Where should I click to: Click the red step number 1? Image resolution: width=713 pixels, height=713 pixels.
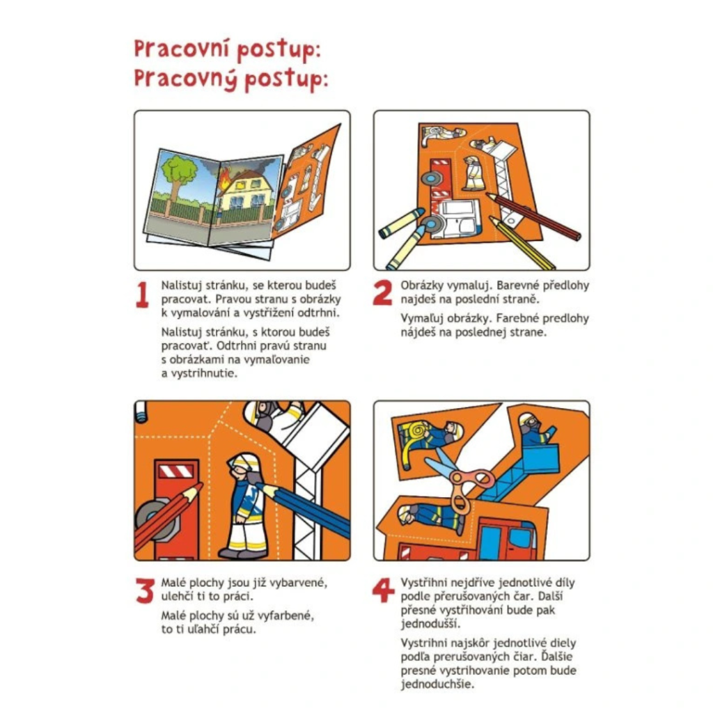tap(142, 295)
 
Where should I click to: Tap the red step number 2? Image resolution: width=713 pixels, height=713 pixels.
tap(382, 293)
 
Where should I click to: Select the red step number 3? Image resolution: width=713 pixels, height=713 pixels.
tap(145, 590)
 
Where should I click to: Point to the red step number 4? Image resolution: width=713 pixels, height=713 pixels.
tap(384, 590)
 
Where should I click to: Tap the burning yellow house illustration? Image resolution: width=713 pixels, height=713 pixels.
tap(246, 190)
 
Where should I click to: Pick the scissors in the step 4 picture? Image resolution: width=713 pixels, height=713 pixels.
tap(460, 482)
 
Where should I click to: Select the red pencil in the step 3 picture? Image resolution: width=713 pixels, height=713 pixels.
tap(168, 515)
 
